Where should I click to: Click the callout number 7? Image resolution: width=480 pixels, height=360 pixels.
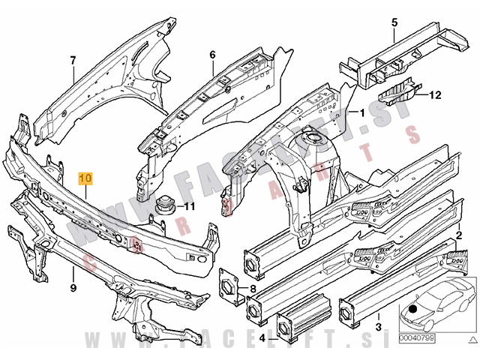(73, 60)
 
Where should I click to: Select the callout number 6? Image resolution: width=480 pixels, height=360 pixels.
(212, 55)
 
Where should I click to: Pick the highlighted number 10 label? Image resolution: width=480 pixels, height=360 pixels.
(85, 178)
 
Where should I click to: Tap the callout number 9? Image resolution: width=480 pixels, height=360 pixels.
(73, 287)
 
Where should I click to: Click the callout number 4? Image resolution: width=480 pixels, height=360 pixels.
(262, 339)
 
